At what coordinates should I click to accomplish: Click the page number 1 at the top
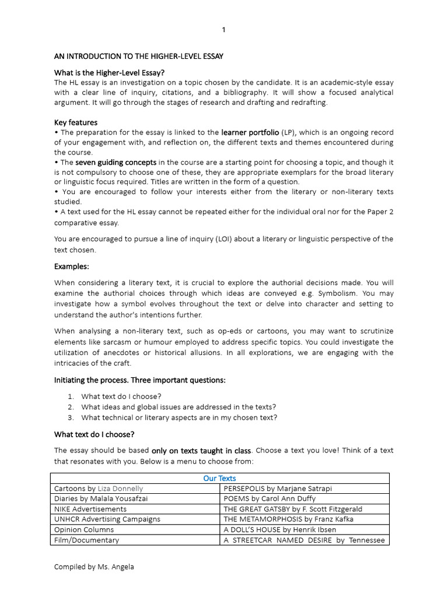pos(223,30)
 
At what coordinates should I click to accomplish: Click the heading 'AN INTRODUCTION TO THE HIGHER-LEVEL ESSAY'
pos(138,56)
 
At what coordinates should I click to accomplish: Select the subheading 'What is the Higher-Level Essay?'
pos(109,73)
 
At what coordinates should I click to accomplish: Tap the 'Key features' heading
pos(76,122)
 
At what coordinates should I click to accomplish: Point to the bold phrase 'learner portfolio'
pos(250,132)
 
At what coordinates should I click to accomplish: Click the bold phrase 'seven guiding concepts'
pos(116,162)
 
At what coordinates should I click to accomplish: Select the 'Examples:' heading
pos(72,266)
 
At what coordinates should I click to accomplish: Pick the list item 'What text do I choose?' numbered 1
pos(121,396)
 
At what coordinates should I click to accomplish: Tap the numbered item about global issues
pos(178,407)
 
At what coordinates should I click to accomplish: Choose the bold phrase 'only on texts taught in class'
pos(201,451)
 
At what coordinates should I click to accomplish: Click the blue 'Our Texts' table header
pos(219,478)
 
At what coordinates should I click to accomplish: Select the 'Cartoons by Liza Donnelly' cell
pos(99,489)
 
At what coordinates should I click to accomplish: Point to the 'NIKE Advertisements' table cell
pos(90,509)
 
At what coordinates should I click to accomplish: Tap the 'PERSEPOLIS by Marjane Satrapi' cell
pos(277,489)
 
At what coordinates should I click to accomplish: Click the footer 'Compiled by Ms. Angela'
pos(94,567)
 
